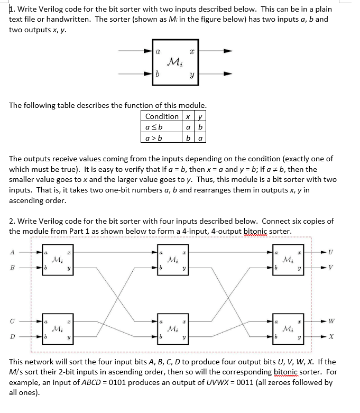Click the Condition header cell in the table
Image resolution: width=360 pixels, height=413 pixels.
coord(161,116)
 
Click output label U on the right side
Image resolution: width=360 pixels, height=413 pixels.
coord(331,252)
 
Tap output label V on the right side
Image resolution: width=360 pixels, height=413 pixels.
coord(331,268)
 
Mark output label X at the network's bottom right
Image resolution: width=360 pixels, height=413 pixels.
coord(331,336)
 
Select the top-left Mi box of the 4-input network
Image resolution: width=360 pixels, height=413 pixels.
coord(61,260)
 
